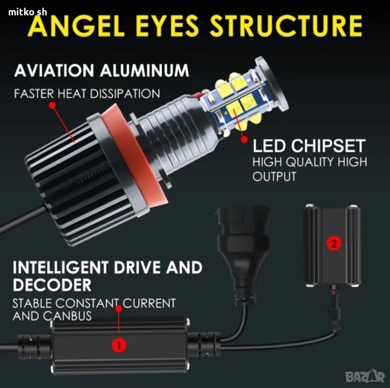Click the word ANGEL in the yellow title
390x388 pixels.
[76, 25]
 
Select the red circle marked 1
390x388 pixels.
[119, 345]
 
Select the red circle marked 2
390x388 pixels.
[334, 243]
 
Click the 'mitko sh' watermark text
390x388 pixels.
[27, 12]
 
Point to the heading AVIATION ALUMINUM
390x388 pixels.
[101, 70]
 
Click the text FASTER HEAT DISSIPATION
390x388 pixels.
[87, 94]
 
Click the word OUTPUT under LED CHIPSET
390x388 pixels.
[274, 176]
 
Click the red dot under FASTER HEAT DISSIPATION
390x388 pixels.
[52, 105]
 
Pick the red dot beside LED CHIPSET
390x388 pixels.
[244, 139]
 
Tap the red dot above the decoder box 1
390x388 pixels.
[119, 309]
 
